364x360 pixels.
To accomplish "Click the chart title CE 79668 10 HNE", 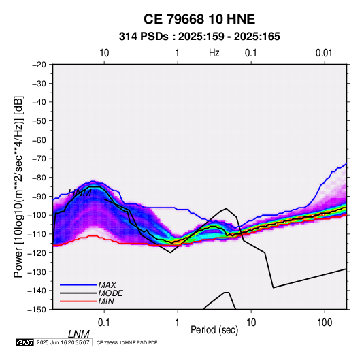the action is click(x=199, y=19).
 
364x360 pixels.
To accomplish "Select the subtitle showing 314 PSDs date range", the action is click(x=199, y=37).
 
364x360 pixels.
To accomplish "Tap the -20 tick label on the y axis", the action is click(x=39, y=65).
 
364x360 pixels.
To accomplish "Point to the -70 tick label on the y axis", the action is click(x=39, y=159).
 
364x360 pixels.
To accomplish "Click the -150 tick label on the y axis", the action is click(x=37, y=310).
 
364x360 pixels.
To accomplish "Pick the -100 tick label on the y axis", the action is click(x=37, y=215).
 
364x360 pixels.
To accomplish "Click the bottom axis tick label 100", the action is click(x=325, y=323).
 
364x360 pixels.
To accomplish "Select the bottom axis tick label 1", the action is click(x=178, y=323).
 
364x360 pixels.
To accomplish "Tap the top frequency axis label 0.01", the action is click(x=324, y=53).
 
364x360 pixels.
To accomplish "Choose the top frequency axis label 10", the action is click(x=104, y=53).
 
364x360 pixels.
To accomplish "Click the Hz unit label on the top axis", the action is click(x=214, y=53).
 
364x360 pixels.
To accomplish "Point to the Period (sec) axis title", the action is click(x=214, y=330).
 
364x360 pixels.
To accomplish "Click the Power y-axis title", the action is click(x=18, y=187).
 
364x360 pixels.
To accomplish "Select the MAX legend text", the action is click(x=107, y=284).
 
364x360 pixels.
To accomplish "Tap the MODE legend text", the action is click(x=110, y=293).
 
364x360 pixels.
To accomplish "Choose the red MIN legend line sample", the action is click(x=78, y=301).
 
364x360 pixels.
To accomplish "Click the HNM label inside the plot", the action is click(x=80, y=193).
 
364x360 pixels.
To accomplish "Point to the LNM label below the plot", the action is click(x=78, y=334).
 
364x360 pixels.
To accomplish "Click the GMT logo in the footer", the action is click(x=25, y=342).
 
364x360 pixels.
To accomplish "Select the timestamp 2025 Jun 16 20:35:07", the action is click(x=63, y=342).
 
